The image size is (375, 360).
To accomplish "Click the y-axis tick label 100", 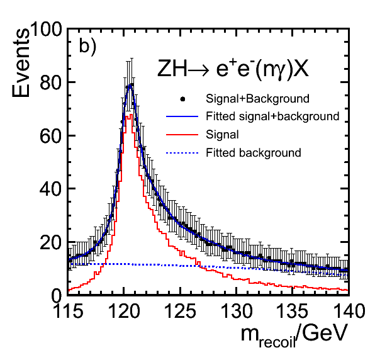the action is coord(45,29).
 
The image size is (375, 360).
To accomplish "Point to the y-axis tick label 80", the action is coord(51,82).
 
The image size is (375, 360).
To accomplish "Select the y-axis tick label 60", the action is coord(51,135).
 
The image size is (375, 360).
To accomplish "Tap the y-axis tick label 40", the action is coord(51,189).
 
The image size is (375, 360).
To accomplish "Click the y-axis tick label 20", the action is coord(51,242).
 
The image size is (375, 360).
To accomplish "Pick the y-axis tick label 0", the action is coord(56,296).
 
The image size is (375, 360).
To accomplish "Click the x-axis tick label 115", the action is coord(69,311).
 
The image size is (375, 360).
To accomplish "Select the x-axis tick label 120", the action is coord(124,311).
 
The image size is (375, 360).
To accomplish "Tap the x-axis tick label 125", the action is coord(181,311).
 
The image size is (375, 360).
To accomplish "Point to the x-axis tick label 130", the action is coord(237,311).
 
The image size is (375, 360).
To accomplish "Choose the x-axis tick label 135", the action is coord(292,311).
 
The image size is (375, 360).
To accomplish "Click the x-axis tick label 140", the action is coord(349,311).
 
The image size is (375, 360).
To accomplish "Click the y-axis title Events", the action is coord(21,63).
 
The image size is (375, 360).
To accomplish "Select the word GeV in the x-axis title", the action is coord(325,333).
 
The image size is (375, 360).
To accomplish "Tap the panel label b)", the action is coord(87,46).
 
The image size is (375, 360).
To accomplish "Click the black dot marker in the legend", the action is coord(182,99).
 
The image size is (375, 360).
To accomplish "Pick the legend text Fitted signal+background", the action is coord(272,116).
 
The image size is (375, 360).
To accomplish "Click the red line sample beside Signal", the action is coord(182,135).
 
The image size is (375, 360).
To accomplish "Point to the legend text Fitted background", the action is coord(254,152).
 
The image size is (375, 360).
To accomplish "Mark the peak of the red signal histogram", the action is coord(131,115).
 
